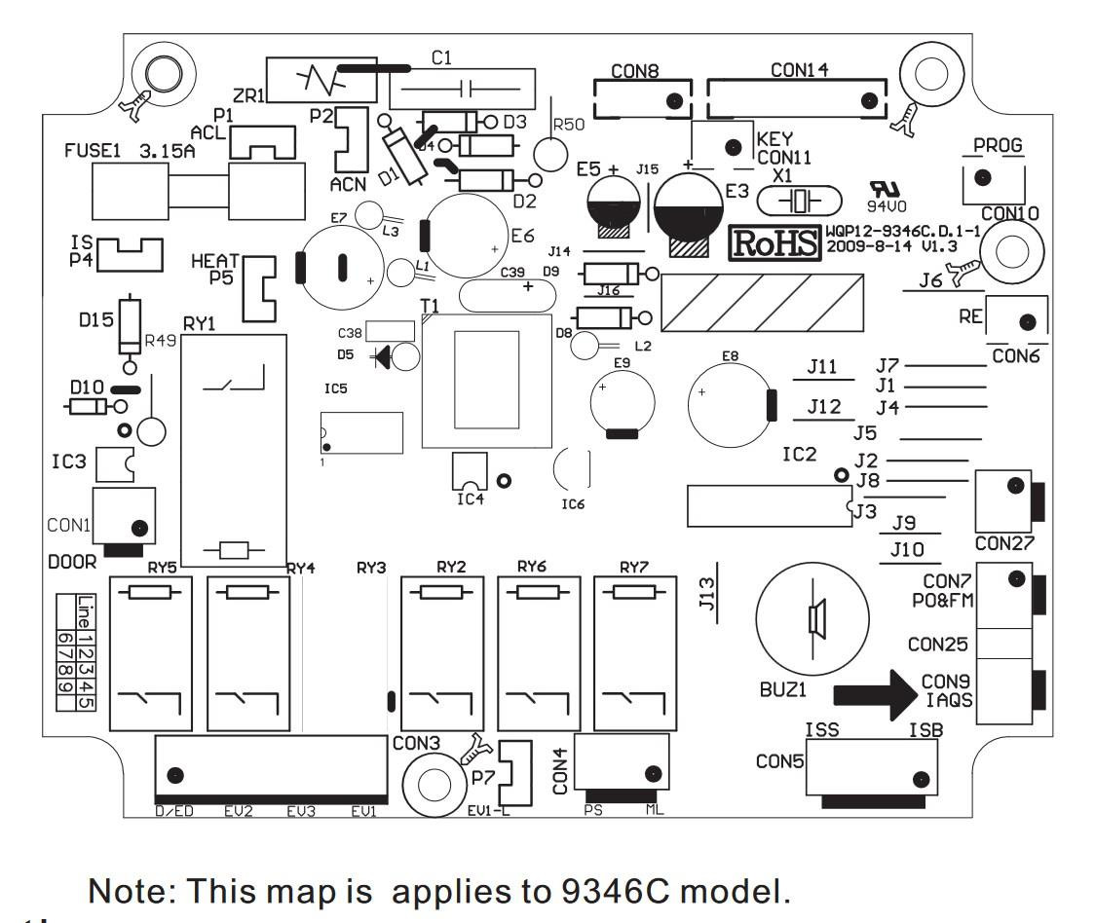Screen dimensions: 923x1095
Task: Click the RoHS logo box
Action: click(775, 244)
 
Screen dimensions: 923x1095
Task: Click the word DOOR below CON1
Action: click(72, 563)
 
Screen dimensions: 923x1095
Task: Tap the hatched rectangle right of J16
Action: click(761, 302)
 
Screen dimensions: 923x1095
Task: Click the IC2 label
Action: click(801, 454)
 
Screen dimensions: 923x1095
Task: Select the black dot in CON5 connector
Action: click(918, 778)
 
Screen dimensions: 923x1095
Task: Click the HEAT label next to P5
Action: click(213, 262)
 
